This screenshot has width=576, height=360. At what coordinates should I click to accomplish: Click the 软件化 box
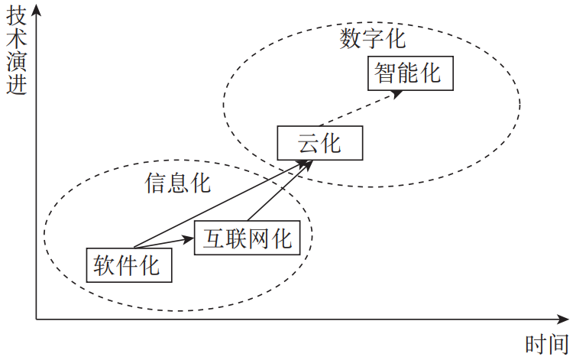(x=127, y=264)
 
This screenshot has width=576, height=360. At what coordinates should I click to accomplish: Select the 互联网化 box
(x=248, y=239)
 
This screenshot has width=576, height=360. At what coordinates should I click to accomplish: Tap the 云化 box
(x=319, y=143)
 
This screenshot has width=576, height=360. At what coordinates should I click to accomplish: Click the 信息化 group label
(x=177, y=183)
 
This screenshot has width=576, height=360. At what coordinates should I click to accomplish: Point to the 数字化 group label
(x=373, y=38)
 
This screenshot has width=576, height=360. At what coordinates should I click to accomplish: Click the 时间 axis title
(x=547, y=344)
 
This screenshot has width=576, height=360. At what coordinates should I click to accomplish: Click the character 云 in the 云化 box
(x=308, y=143)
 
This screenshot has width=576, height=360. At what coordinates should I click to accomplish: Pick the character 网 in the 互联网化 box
(x=260, y=239)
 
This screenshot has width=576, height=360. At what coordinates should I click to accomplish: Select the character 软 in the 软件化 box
(x=105, y=264)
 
